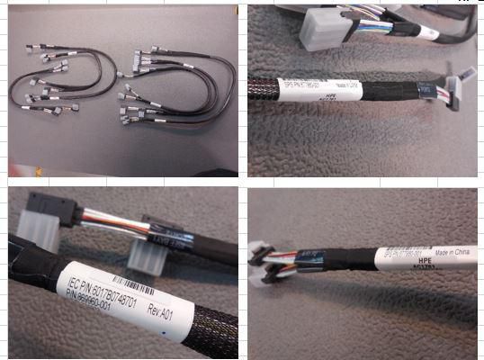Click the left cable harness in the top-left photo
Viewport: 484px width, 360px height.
[x=63, y=81]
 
